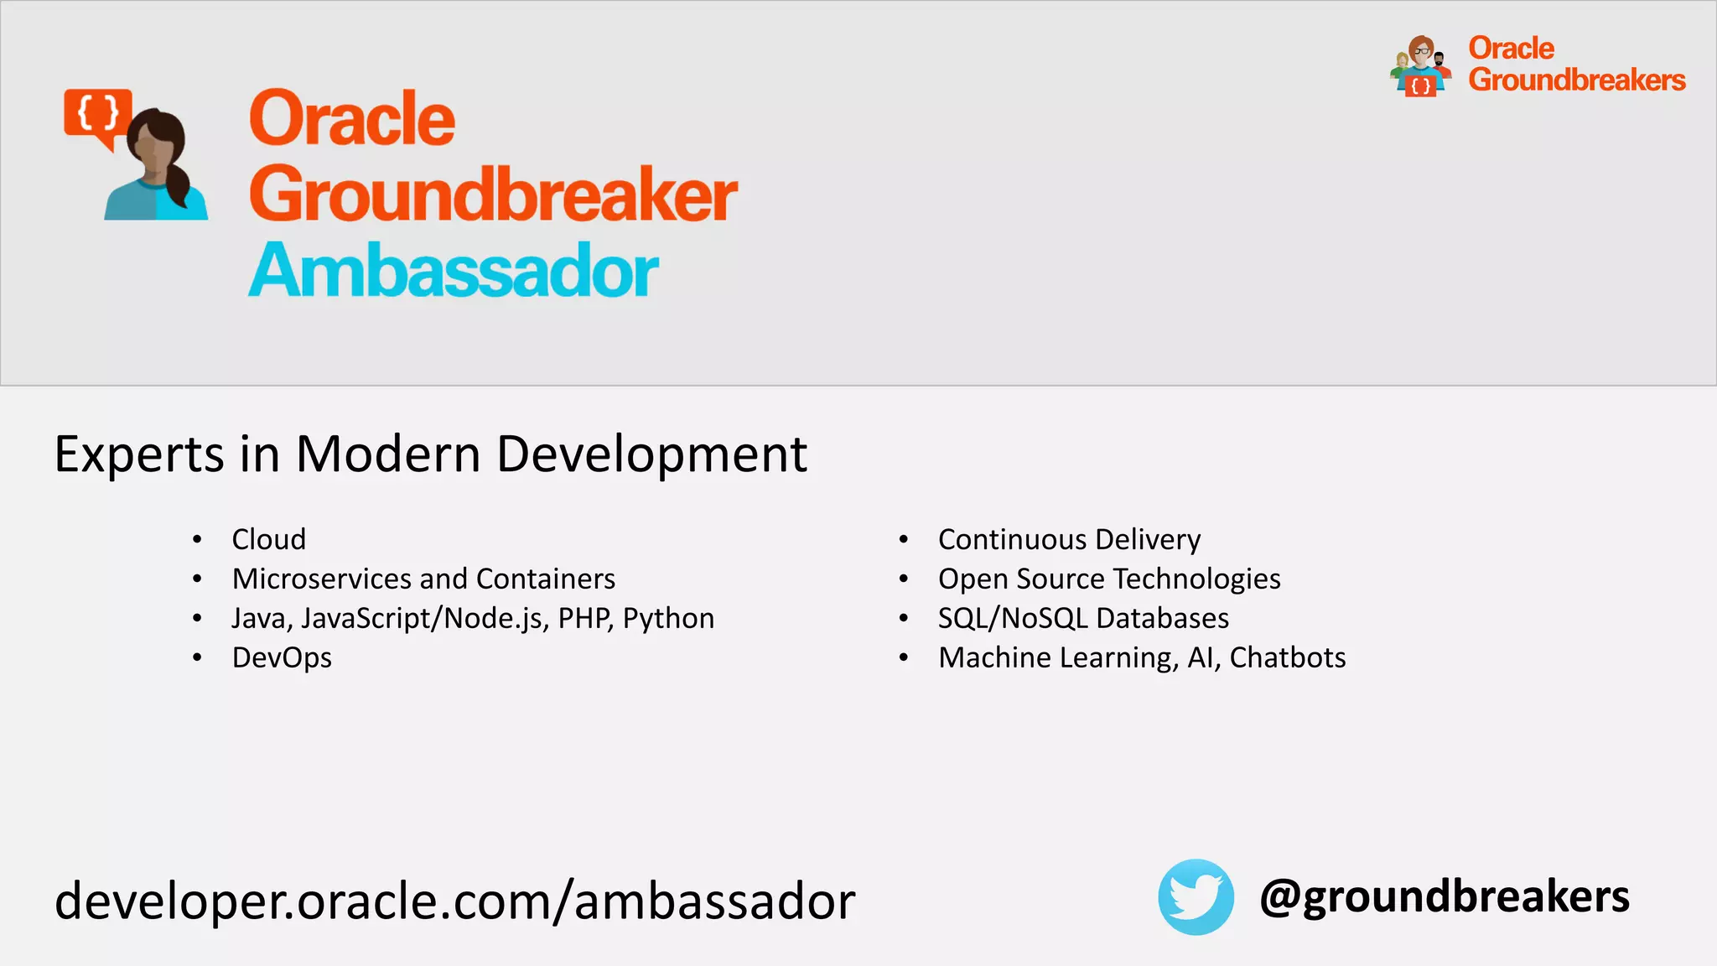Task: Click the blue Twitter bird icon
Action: pyautogui.click(x=1196, y=896)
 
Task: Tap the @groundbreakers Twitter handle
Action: pyautogui.click(x=1444, y=896)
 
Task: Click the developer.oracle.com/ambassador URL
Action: pyautogui.click(x=454, y=901)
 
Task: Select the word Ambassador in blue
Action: pyautogui.click(x=453, y=271)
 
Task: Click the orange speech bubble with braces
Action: pyautogui.click(x=97, y=113)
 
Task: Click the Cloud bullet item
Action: pyautogui.click(x=268, y=539)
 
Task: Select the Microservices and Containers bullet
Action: pyautogui.click(x=423, y=579)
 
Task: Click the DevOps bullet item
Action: pyautogui.click(x=282, y=657)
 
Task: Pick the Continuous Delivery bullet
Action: pyautogui.click(x=1069, y=539)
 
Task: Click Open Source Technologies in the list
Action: pyautogui.click(x=1108, y=579)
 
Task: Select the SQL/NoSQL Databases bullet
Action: pyautogui.click(x=1083, y=618)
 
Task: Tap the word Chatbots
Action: pyautogui.click(x=1287, y=657)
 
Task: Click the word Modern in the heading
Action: pyautogui.click(x=387, y=454)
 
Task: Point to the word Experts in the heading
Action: pyautogui.click(x=139, y=454)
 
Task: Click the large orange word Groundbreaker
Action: pyautogui.click(x=492, y=195)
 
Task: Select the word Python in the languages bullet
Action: pyautogui.click(x=668, y=618)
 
